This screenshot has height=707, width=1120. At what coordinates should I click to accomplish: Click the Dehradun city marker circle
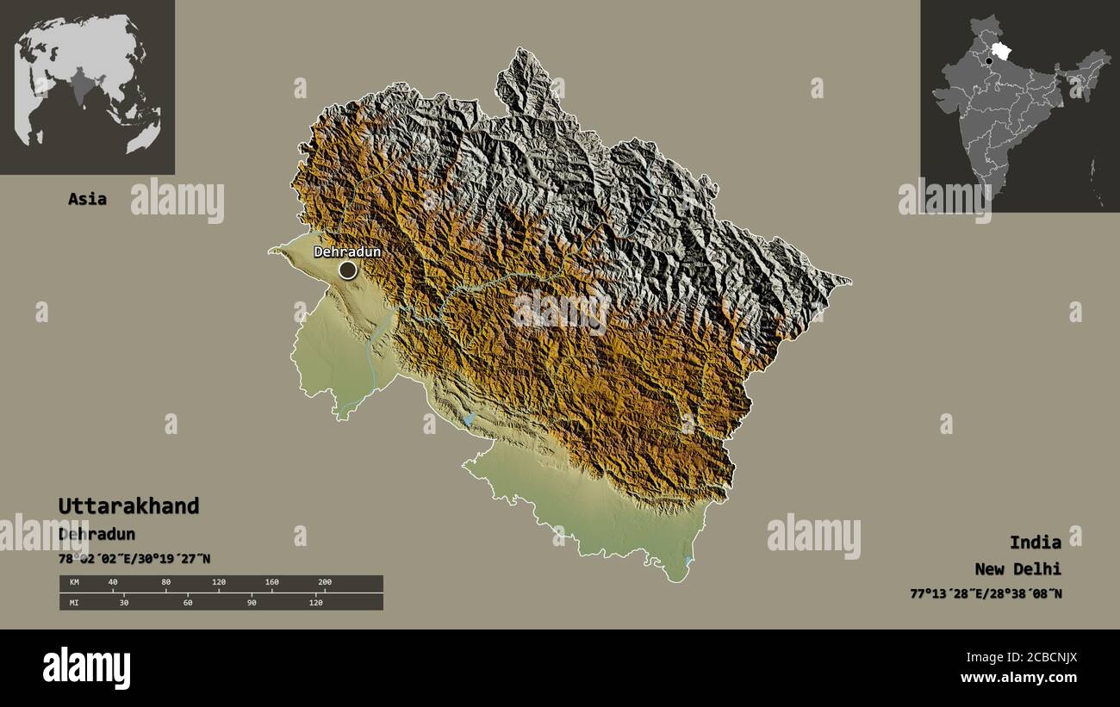tap(347, 270)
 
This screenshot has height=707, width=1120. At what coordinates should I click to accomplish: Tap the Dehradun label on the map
tap(346, 252)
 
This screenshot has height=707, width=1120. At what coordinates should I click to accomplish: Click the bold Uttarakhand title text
tap(128, 505)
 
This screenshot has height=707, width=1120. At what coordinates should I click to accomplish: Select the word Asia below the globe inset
tap(87, 199)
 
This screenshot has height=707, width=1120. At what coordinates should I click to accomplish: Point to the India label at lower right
tap(1035, 542)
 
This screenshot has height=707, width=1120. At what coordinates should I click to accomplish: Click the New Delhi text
tap(1017, 568)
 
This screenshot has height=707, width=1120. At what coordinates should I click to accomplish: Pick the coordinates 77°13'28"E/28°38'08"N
tap(985, 593)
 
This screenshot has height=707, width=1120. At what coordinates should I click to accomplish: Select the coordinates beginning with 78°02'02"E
tap(134, 559)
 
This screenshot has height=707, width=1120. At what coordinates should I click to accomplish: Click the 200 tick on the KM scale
tap(324, 583)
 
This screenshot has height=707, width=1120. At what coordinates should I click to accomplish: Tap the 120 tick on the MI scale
tap(315, 602)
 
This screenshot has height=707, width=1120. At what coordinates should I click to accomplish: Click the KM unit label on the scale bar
tap(74, 583)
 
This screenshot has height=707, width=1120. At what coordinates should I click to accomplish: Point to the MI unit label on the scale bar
tap(74, 602)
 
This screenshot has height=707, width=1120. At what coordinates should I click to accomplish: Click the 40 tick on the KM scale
tap(113, 583)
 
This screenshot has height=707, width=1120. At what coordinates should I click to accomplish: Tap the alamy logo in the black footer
tap(86, 668)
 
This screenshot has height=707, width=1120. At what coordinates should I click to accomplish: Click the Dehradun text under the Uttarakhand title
tap(96, 534)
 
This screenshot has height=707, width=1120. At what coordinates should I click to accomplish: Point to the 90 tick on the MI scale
tap(252, 602)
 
